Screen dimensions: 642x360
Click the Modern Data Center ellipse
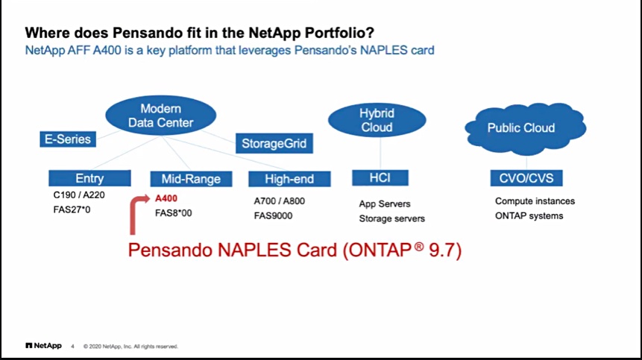click(x=160, y=116)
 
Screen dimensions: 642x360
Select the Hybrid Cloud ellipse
click(x=377, y=120)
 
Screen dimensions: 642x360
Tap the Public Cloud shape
click(x=526, y=128)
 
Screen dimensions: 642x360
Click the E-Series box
click(x=68, y=139)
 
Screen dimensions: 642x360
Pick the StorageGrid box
click(x=274, y=143)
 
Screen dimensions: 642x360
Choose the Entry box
click(x=89, y=178)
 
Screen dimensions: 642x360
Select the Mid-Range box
click(x=191, y=179)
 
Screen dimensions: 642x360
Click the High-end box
click(x=289, y=179)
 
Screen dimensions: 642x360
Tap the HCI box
click(x=380, y=178)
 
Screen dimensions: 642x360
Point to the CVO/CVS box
click(x=526, y=178)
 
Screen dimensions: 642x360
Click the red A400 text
click(x=166, y=198)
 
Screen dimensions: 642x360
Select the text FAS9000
click(x=273, y=215)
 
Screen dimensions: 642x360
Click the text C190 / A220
click(x=79, y=195)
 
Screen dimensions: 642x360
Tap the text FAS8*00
click(x=173, y=213)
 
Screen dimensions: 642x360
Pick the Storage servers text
click(x=391, y=219)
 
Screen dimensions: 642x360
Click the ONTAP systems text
click(x=529, y=216)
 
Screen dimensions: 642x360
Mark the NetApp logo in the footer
click(x=43, y=346)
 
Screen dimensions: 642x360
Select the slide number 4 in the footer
click(x=72, y=347)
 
